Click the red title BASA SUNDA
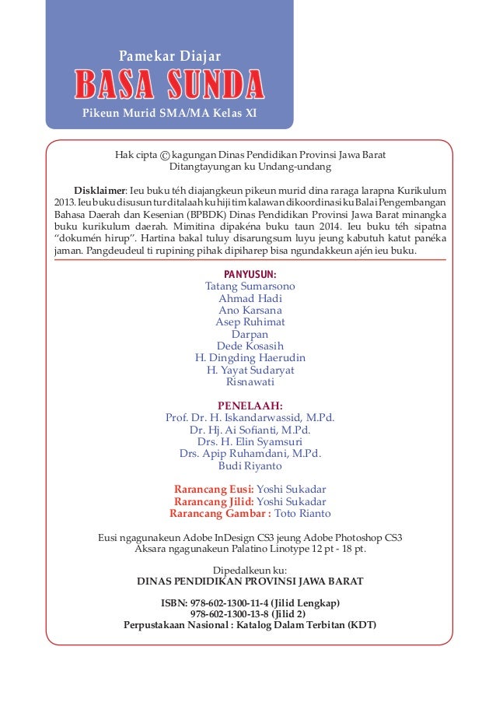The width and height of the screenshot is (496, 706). click(169, 85)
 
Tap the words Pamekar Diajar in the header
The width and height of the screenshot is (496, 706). click(169, 56)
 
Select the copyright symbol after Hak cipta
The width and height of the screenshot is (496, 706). click(165, 155)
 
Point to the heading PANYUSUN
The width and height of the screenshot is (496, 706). click(250, 274)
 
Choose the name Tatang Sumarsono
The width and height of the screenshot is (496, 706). click(250, 286)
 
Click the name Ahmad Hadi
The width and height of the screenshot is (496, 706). click(250, 298)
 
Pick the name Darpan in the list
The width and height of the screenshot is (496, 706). click(250, 334)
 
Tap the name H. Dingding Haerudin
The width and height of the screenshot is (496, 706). click(250, 358)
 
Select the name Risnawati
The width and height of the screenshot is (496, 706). click(250, 381)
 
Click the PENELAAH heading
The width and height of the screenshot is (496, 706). click(250, 406)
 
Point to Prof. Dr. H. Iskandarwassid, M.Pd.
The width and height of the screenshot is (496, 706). click(250, 417)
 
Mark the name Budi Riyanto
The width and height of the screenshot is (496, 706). click(250, 465)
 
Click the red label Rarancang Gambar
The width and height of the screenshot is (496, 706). click(220, 513)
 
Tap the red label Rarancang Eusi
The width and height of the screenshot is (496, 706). click(214, 489)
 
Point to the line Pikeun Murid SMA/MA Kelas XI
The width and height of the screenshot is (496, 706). click(169, 113)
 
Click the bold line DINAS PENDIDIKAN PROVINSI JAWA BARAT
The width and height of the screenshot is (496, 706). click(250, 581)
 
